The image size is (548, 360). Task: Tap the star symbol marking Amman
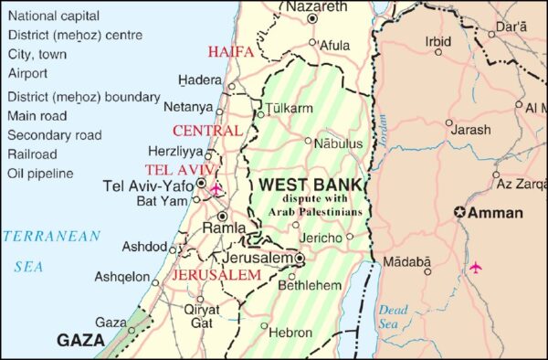coord(461,213)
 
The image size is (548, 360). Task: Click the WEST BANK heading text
coord(311,185)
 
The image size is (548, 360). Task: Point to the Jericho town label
coord(321,238)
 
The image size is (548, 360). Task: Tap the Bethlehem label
coord(309,286)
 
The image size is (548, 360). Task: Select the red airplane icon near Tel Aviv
coord(216,189)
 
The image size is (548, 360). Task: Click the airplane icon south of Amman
coord(475,267)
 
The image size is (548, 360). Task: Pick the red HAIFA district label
coord(230,52)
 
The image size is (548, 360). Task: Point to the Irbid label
coord(438,41)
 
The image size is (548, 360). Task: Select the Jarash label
coord(470,131)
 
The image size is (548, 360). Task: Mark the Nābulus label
coord(338,143)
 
